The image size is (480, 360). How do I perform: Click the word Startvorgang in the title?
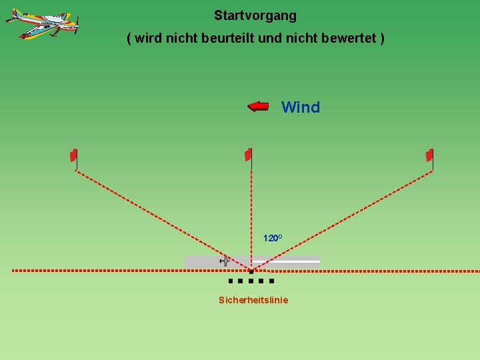255,15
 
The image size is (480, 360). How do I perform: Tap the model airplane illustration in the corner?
42,24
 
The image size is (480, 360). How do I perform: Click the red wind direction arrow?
258,106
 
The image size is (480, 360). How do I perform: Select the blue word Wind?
301,107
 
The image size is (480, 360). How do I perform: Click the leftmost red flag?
74,155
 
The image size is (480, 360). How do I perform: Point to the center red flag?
248,155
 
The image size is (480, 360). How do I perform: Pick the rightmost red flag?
430,155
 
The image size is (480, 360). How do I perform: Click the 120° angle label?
273,238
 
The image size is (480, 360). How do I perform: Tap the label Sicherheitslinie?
253,300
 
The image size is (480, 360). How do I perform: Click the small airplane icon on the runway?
224,261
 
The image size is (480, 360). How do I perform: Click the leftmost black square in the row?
230,281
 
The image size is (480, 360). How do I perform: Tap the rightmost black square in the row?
271,281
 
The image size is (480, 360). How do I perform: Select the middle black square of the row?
251,281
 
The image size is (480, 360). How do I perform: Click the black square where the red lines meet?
251,271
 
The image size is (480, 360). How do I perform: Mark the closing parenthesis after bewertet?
381,38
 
